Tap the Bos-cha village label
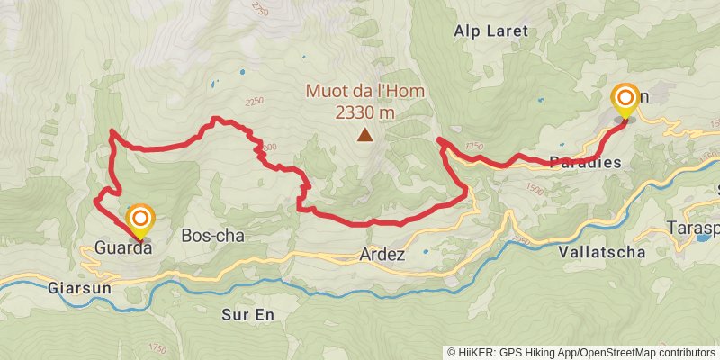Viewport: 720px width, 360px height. tap(212, 235)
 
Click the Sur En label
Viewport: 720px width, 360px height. tap(246, 315)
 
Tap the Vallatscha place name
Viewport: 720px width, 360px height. tap(602, 252)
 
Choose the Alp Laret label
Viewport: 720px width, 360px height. tap(491, 30)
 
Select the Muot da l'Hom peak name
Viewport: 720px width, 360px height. tap(364, 92)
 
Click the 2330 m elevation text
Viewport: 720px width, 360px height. tap(364, 112)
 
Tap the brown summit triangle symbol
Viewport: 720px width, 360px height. tap(364, 136)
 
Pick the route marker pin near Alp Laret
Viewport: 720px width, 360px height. tap(625, 100)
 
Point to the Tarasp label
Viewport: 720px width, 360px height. tap(692, 228)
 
